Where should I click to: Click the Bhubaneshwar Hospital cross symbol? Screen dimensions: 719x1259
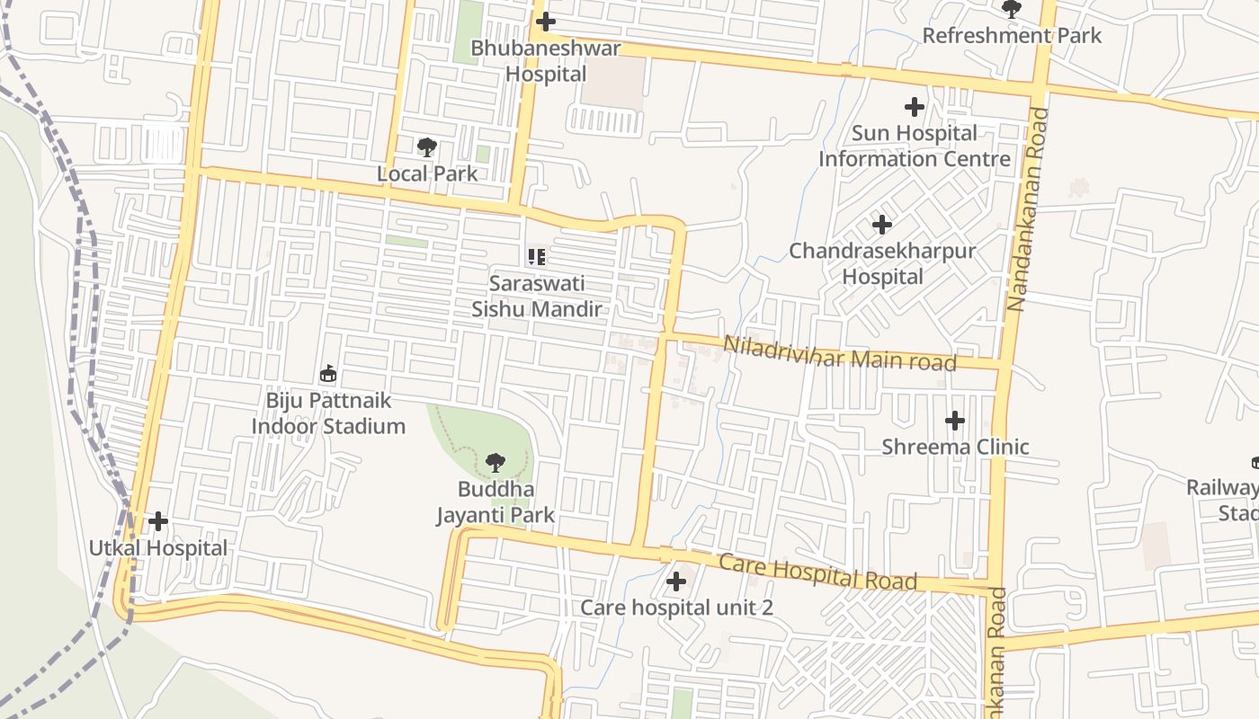pyautogui.click(x=545, y=22)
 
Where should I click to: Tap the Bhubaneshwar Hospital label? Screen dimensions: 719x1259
pyautogui.click(x=546, y=61)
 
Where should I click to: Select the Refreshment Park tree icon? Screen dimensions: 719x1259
pyautogui.click(x=1012, y=9)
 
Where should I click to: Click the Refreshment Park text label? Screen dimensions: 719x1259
pyautogui.click(x=1012, y=36)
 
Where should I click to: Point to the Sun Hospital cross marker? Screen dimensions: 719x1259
pyautogui.click(x=915, y=107)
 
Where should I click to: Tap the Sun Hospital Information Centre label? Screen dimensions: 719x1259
pyautogui.click(x=915, y=146)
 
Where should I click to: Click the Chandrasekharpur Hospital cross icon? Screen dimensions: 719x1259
pyautogui.click(x=882, y=224)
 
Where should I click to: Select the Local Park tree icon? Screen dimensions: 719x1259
pyautogui.click(x=427, y=146)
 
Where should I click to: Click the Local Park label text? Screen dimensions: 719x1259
pyautogui.click(x=427, y=173)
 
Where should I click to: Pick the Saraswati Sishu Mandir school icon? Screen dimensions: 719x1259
pyautogui.click(x=537, y=257)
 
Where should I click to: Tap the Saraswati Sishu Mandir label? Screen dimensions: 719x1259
pyautogui.click(x=537, y=297)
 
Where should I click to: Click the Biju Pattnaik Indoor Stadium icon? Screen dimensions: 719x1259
pyautogui.click(x=328, y=373)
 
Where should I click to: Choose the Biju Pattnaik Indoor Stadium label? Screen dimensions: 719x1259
pyautogui.click(x=328, y=413)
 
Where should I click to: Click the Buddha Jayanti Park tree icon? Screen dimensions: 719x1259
pyautogui.click(x=495, y=463)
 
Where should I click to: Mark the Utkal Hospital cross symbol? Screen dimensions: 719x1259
pyautogui.click(x=158, y=521)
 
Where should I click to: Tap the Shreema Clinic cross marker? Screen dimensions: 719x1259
pyautogui.click(x=955, y=420)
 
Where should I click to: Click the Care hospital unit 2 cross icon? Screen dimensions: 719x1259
pyautogui.click(x=676, y=581)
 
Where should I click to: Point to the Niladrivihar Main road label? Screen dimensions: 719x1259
pyautogui.click(x=839, y=352)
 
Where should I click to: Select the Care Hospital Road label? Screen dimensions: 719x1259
pyautogui.click(x=817, y=573)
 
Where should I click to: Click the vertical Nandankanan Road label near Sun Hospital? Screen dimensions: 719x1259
pyautogui.click(x=1016, y=209)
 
